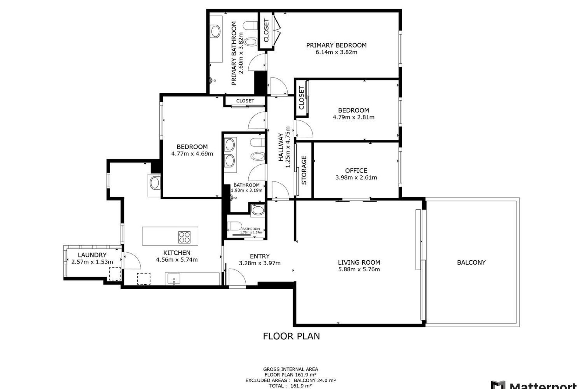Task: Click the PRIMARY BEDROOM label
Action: [x=336, y=45]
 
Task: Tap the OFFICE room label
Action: [x=356, y=170]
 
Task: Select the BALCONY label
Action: [x=471, y=262]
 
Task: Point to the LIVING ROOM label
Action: [x=359, y=262]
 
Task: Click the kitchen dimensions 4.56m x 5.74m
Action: [x=177, y=260]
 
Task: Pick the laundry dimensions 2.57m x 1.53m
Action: [x=92, y=262]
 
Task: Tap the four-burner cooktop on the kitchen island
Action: [x=184, y=237]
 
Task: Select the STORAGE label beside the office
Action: [x=304, y=170]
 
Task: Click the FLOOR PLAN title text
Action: [x=291, y=336]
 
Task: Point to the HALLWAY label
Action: [x=281, y=147]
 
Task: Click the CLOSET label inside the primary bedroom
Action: [x=266, y=30]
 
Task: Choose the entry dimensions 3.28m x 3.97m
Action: [x=260, y=263]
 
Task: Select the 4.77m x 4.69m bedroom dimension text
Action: [x=192, y=153]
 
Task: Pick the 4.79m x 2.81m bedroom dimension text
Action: [x=354, y=117]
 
